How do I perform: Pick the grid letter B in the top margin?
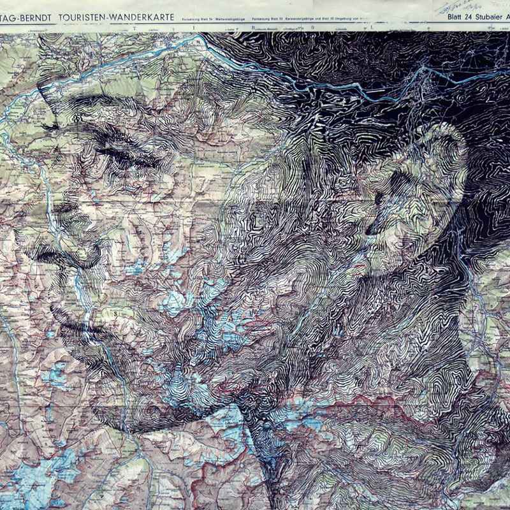click(x=253, y=28)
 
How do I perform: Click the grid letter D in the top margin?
click(x=312, y=28)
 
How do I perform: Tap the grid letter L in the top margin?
click(x=372, y=28)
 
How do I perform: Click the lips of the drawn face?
click(x=70, y=312)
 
